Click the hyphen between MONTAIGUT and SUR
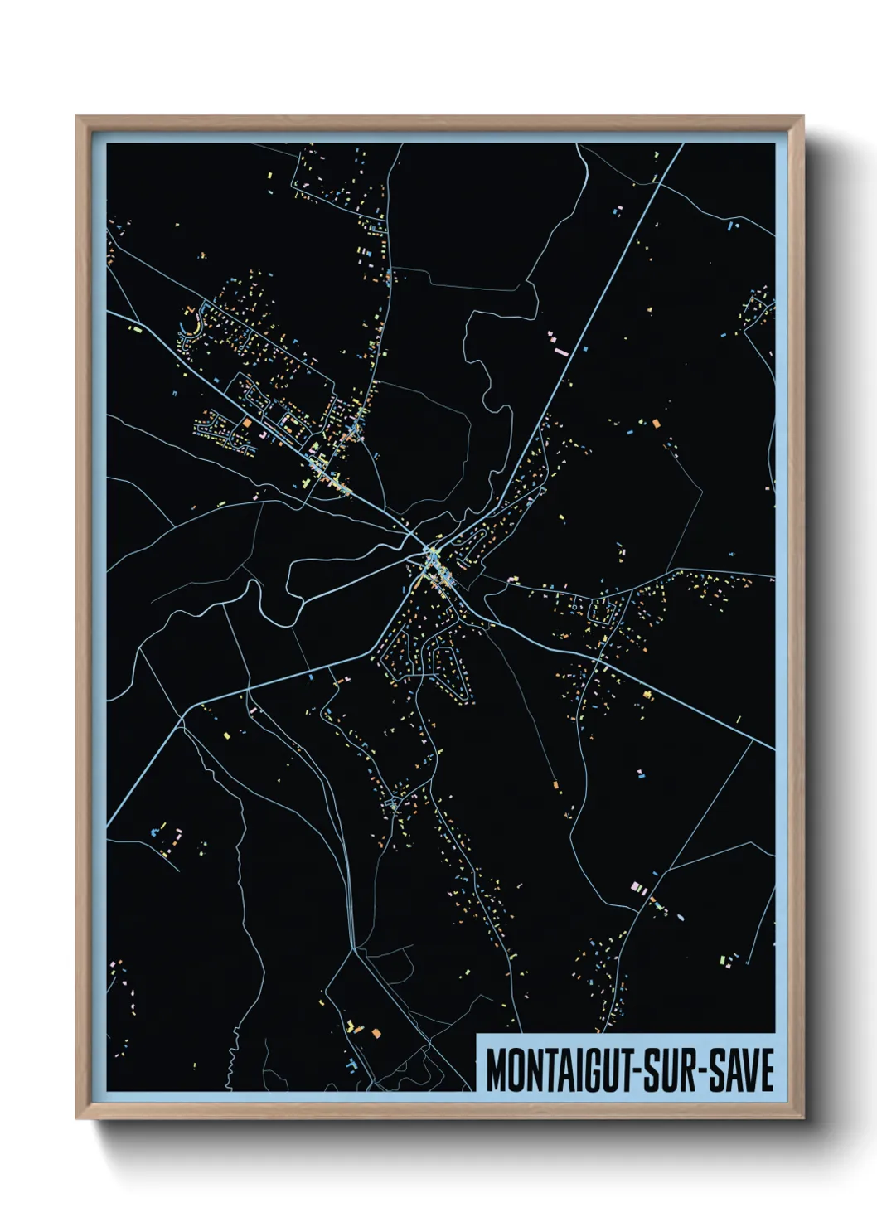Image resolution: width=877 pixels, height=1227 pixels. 636,1070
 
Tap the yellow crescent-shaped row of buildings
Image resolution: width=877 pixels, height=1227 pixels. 192,323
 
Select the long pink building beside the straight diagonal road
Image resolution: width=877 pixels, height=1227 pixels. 560,352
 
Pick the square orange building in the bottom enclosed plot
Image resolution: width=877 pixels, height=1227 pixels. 376,1033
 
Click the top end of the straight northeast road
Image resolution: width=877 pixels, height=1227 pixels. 681,146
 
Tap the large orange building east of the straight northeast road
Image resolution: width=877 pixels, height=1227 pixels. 656,424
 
